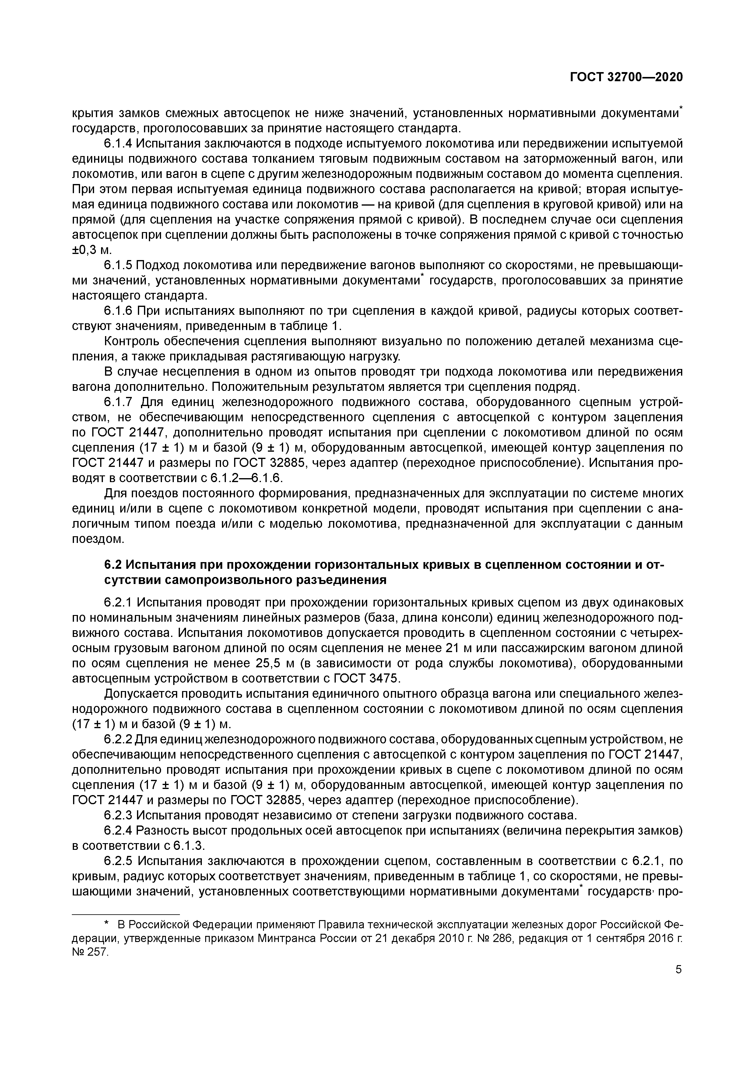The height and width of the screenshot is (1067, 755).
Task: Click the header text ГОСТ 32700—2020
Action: pyautogui.click(x=626, y=77)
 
